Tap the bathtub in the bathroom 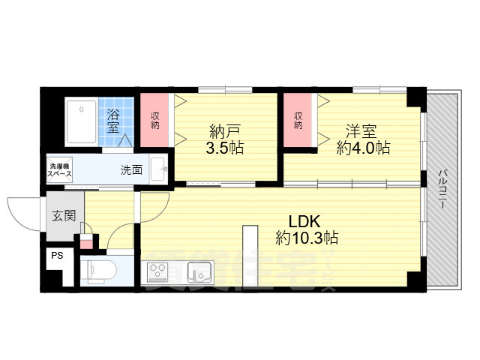(x=79, y=121)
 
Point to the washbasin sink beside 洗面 (x=159, y=169)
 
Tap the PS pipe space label (x=56, y=255)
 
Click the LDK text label (x=305, y=222)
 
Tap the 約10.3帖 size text (x=307, y=238)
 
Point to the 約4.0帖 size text (x=362, y=147)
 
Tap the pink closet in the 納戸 (x=155, y=120)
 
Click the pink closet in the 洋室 (x=298, y=120)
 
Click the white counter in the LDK (x=249, y=255)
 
